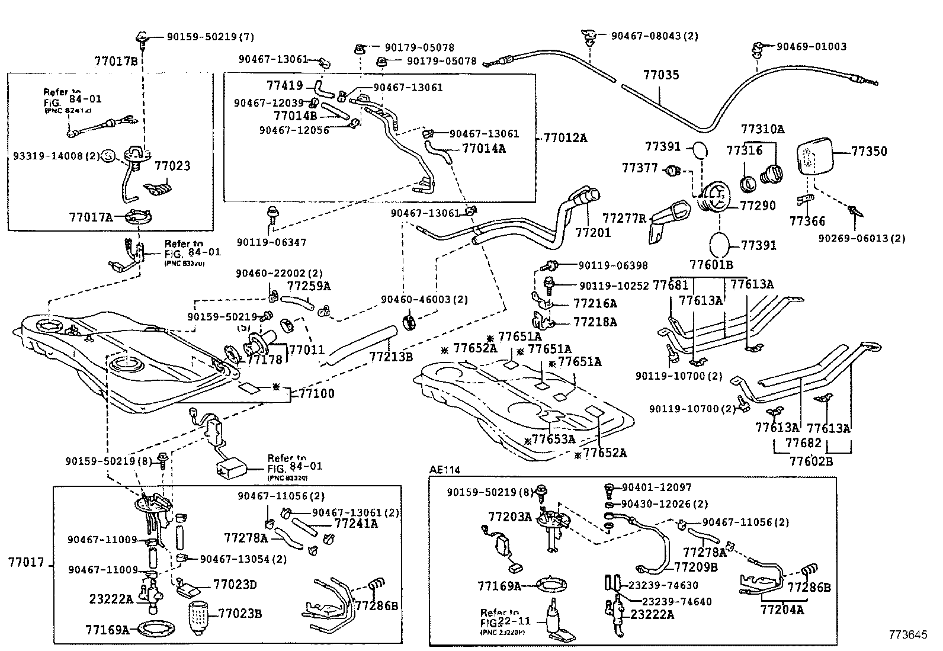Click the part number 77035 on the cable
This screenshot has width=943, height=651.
click(661, 75)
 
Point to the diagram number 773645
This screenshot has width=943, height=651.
click(906, 635)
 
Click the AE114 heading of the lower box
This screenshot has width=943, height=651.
click(444, 470)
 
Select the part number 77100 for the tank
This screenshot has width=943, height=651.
click(316, 393)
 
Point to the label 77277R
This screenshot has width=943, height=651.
click(624, 218)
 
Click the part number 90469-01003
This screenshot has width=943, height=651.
click(812, 46)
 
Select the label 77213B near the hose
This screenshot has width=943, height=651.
click(391, 357)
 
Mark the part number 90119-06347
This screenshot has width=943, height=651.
click(271, 242)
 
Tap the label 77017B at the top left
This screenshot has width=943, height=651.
click(116, 60)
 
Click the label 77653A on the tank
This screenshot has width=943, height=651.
click(553, 439)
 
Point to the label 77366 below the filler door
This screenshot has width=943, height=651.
click(807, 222)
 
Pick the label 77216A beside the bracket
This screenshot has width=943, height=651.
click(595, 303)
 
